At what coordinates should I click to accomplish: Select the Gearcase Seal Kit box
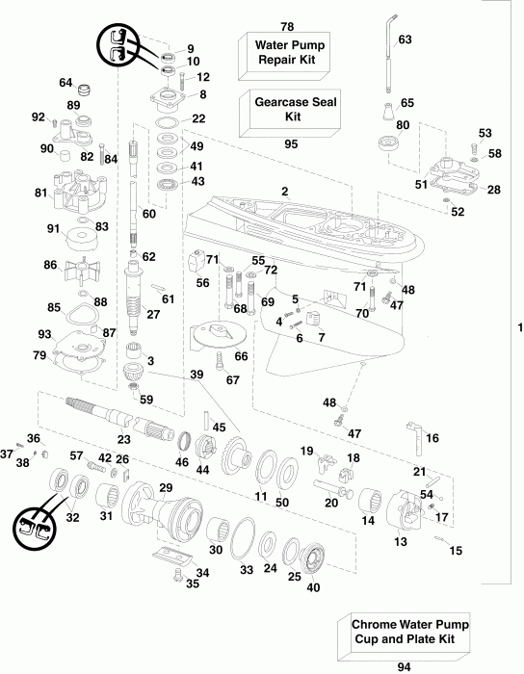coord(285,108)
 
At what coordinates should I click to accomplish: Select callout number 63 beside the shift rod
coord(405,39)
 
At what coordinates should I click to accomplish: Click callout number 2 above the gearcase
coord(284,192)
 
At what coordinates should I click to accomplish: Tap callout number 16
coord(432,438)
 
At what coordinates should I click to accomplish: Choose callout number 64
coord(66,82)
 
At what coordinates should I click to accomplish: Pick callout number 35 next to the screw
coord(193,583)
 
